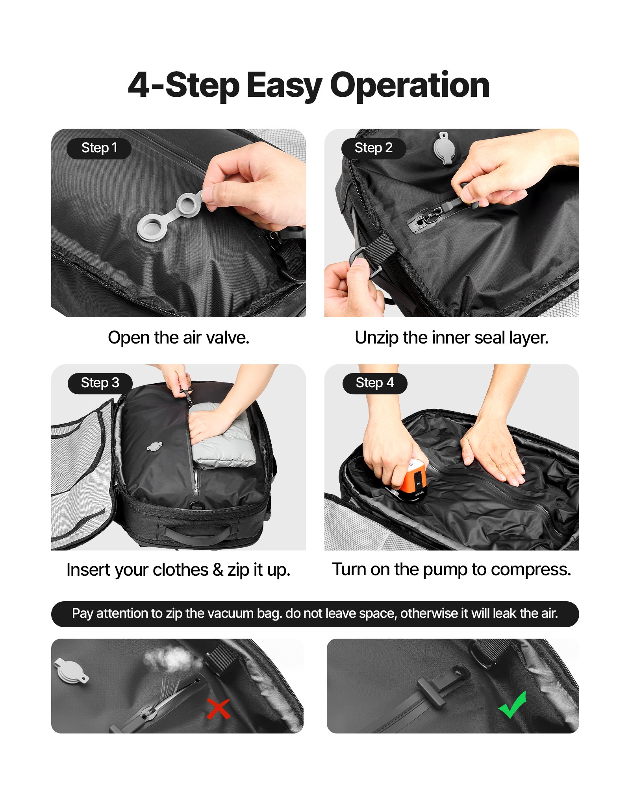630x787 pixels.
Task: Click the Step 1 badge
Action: coord(99,148)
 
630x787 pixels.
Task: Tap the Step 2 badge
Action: coord(373,148)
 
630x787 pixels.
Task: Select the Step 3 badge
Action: coord(100,383)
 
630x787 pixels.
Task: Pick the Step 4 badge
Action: coord(374,383)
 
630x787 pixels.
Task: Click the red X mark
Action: coord(218,709)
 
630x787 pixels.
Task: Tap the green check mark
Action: coord(513,705)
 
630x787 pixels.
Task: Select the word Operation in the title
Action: coord(409,85)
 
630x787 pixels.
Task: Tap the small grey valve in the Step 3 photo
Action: coord(154,447)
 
